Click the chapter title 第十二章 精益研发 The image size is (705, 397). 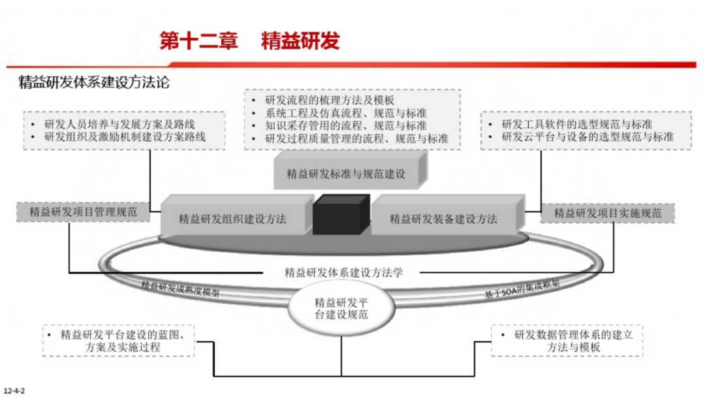250,40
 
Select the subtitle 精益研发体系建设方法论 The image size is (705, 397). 95,83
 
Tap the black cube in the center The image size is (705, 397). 341,214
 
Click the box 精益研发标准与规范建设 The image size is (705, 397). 346,174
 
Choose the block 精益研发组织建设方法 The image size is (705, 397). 232,219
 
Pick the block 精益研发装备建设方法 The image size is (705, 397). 443,219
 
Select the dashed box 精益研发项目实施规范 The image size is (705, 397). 608,213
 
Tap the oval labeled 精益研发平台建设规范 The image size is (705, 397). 341,308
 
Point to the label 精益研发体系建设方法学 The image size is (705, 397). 344,272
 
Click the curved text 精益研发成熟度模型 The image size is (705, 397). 180,289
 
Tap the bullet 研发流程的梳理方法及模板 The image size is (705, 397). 330,100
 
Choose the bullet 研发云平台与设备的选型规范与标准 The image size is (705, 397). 587,136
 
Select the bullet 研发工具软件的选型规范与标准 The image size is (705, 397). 577,123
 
